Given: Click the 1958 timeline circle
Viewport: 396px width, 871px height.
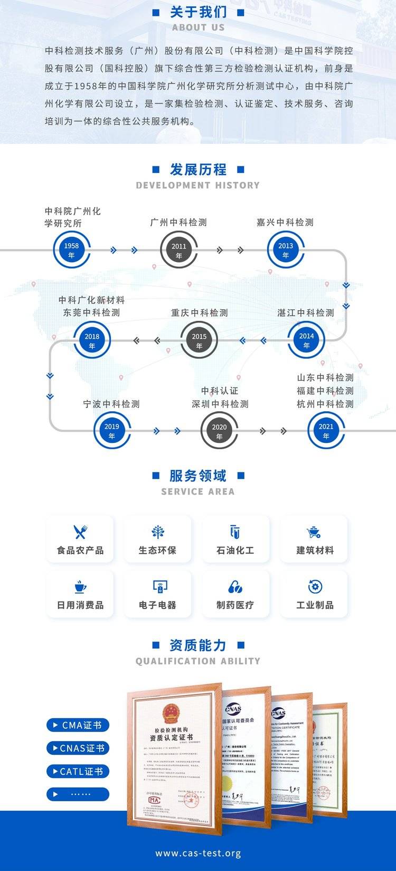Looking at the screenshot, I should coord(71,250).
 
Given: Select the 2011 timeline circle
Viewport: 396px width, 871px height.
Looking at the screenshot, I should coord(179,251).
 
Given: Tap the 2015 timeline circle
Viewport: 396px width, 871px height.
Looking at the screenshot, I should coord(199,341).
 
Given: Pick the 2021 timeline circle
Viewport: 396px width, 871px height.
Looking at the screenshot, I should coord(326,431).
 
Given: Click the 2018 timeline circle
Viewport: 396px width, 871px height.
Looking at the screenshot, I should coord(92,341).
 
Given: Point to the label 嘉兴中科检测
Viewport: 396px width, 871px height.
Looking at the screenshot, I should coord(285,223).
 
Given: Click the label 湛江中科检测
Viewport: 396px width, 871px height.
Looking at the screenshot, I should coord(306,313).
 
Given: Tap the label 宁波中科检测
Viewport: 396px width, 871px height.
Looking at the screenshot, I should coord(111,404).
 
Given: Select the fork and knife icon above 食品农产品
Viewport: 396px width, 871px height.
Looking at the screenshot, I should coord(80,532).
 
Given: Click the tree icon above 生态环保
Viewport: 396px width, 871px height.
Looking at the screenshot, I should coord(157,532).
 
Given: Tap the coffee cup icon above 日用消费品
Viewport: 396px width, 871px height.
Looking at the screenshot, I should coord(80,587).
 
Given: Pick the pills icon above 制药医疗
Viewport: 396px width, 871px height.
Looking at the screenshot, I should coord(235,587).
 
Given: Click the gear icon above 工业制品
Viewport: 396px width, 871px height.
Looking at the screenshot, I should coord(315,587).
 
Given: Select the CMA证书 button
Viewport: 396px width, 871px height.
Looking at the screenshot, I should coord(78,725).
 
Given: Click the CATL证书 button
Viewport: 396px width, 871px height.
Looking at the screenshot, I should coord(78,771).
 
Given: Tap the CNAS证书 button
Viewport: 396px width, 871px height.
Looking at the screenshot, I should coord(78,748).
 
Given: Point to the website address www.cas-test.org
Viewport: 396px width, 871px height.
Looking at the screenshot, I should coord(198,853).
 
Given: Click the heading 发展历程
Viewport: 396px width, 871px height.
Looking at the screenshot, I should coord(198,170).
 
